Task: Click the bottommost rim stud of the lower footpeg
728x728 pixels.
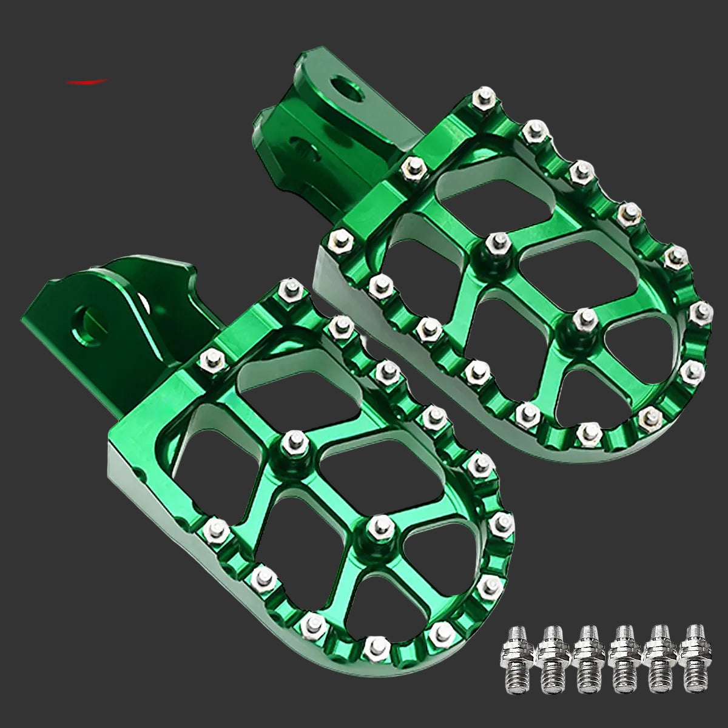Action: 374,644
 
